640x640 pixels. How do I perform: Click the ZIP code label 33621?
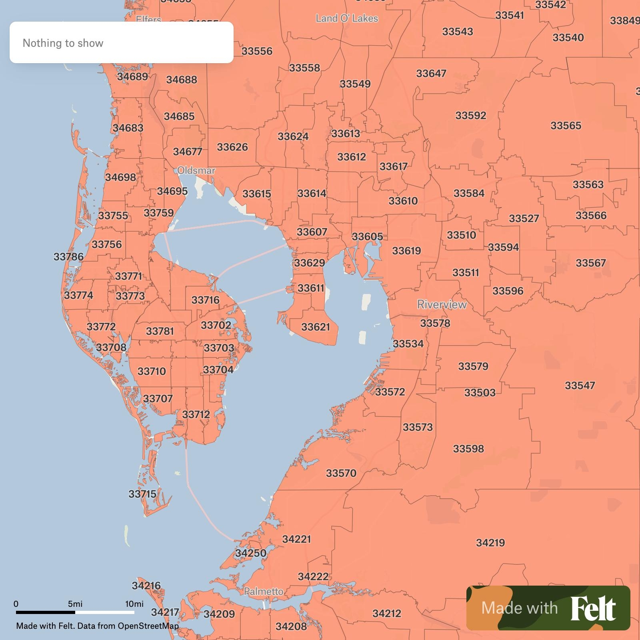tap(316, 327)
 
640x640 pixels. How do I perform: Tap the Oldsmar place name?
tap(196, 171)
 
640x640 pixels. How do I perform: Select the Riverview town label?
tap(442, 305)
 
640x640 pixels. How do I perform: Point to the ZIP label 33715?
tap(142, 494)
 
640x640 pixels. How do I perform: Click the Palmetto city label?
tap(264, 592)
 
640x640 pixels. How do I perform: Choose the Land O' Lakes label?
tap(347, 18)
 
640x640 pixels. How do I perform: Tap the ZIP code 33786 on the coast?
tap(68, 257)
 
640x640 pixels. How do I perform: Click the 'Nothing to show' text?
tap(63, 43)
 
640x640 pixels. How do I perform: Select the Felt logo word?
tap(593, 608)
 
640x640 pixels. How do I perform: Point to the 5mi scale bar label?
tap(75, 604)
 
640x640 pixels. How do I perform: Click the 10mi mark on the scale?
tap(134, 604)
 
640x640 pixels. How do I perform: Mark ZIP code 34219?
tap(490, 543)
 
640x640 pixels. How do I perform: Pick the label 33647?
tap(431, 74)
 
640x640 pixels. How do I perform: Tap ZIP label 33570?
tap(341, 474)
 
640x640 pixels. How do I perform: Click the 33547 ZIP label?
tap(580, 386)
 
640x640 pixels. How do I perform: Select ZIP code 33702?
tap(216, 325)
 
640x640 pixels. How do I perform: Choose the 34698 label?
tap(120, 177)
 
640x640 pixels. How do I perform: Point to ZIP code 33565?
tap(566, 126)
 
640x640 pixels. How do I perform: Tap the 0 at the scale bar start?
tap(16, 604)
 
